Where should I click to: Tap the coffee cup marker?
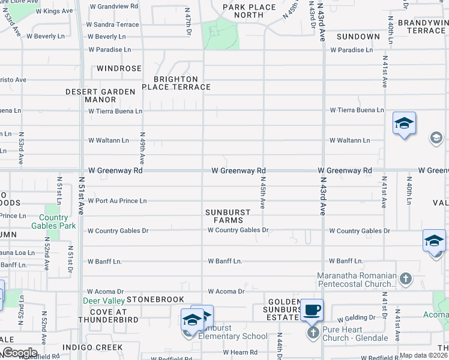[312, 310]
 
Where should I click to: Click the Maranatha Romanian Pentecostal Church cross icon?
[406, 279]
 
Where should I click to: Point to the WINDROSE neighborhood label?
[119, 69]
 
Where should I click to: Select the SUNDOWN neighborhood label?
[358, 37]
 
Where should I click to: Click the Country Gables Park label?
[57, 221]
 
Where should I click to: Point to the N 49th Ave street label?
[142, 149]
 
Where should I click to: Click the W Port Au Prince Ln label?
[117, 201]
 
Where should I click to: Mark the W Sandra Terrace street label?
[112, 25]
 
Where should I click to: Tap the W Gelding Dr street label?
[356, 317]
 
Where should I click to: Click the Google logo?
[19, 352]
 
